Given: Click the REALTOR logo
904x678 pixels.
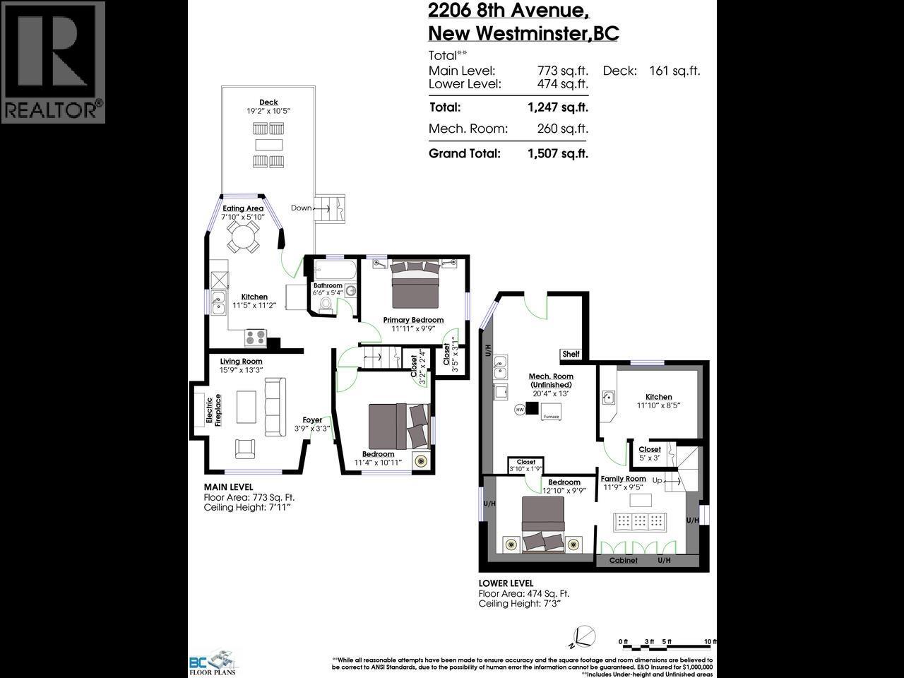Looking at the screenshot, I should (53, 62).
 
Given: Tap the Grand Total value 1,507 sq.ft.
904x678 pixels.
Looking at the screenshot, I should (557, 153).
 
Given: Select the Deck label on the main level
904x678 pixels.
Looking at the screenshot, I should (268, 102).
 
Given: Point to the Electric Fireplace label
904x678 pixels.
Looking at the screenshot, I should (213, 410).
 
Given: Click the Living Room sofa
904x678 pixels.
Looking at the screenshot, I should (273, 406).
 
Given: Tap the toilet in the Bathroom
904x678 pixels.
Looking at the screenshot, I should (326, 304).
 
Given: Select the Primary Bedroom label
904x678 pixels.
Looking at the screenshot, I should (413, 320).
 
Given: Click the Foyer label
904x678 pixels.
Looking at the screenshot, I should (312, 420).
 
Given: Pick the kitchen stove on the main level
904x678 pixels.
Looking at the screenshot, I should (254, 338).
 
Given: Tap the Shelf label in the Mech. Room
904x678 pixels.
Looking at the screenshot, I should (571, 355).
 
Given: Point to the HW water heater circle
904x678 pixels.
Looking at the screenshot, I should (520, 410).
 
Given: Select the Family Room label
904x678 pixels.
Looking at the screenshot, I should (623, 479).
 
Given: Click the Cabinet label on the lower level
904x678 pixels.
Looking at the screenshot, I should (623, 560).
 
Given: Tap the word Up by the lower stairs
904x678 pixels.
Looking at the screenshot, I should (657, 480).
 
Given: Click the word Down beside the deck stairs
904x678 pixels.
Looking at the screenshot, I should (301, 208).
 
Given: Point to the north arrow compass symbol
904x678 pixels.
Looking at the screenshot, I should (583, 636).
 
